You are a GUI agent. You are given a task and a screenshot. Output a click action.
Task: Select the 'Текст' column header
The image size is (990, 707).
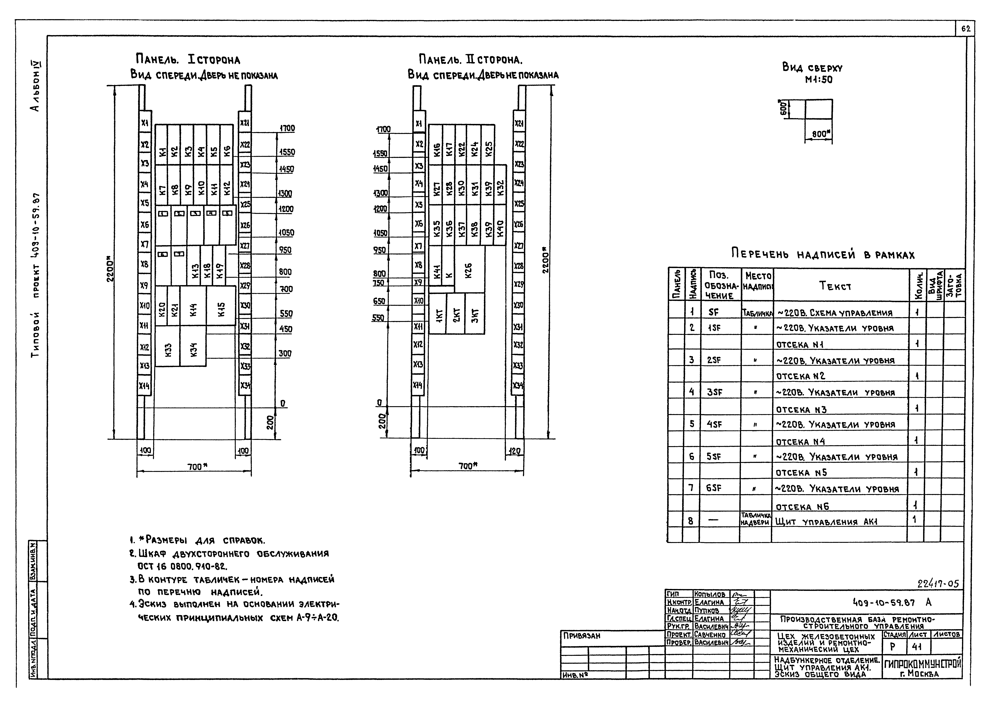click(x=835, y=286)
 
